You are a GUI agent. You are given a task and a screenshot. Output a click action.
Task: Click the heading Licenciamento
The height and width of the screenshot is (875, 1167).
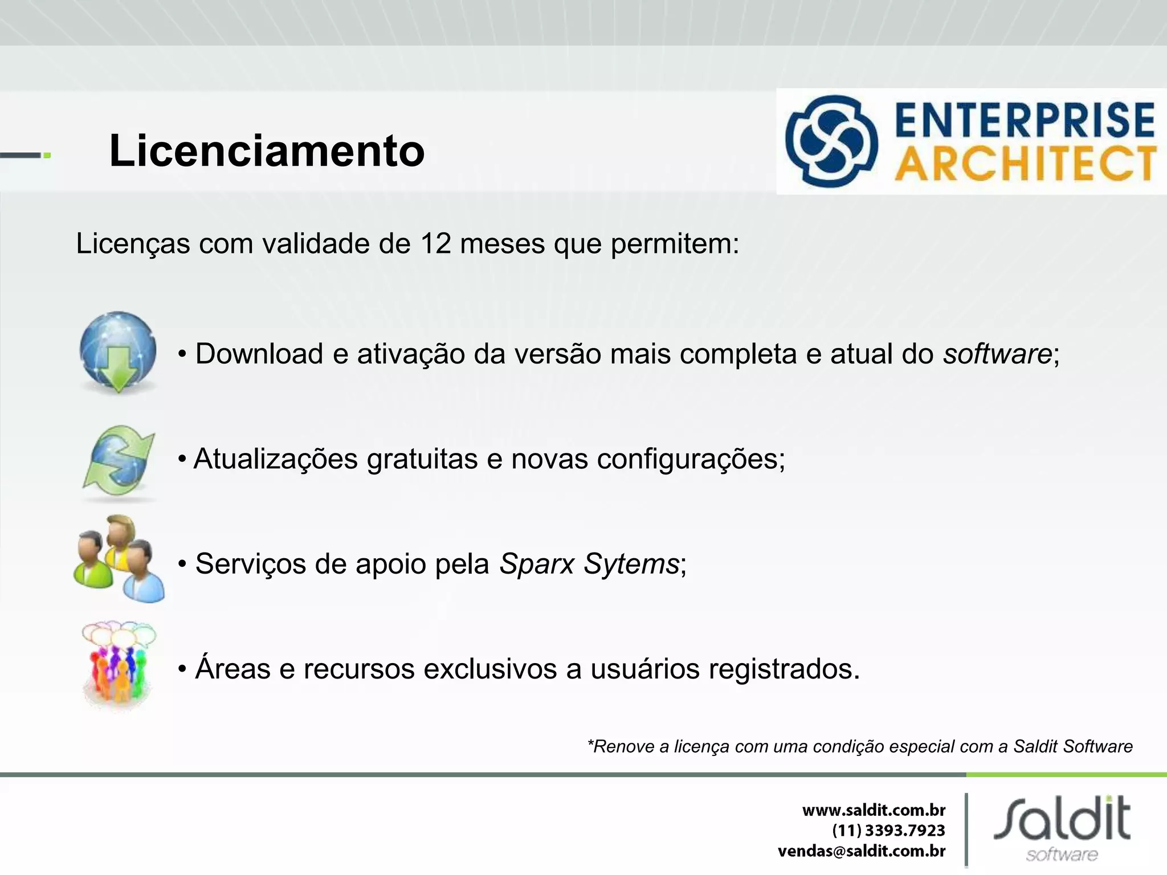click(x=267, y=151)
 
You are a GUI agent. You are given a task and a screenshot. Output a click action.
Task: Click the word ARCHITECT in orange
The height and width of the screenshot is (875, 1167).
click(x=1025, y=163)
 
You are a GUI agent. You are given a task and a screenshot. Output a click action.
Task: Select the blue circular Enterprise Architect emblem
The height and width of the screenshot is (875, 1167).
click(x=831, y=141)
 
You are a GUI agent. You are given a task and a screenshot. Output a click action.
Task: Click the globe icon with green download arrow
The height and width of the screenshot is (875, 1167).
click(x=118, y=352)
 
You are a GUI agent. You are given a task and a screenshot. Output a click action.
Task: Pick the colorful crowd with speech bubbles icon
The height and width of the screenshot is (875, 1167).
click(x=118, y=664)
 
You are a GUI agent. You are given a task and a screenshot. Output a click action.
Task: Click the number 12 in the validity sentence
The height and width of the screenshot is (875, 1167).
click(x=436, y=244)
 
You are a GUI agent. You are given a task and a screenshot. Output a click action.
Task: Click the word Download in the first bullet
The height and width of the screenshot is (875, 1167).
click(x=259, y=354)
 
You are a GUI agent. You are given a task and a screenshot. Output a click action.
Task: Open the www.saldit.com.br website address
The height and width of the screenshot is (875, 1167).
click(x=874, y=810)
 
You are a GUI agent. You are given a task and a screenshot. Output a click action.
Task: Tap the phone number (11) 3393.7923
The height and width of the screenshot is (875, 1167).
click(x=888, y=831)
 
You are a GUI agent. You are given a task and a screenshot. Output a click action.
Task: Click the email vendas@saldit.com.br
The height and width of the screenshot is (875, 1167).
click(x=862, y=851)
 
